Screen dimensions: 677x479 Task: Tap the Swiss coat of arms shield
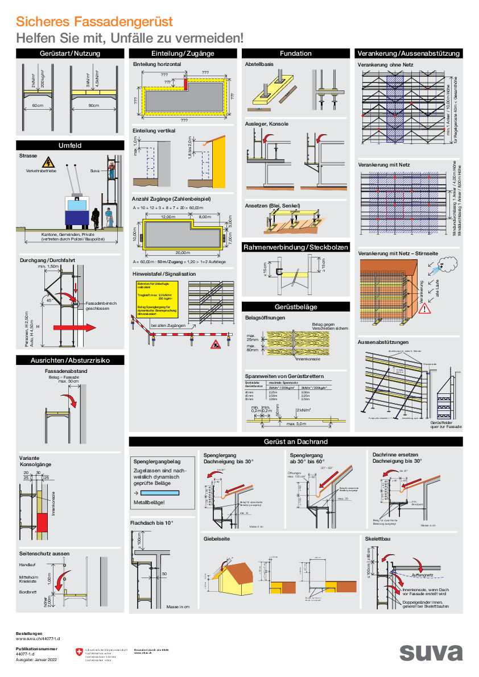[79, 653]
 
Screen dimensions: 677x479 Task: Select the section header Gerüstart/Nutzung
[70, 53]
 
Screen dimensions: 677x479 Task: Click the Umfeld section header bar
[70, 146]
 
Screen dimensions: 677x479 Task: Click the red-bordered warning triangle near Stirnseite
[426, 309]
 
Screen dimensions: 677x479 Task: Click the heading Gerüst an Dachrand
[295, 442]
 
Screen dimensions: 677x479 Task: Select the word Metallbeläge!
[149, 502]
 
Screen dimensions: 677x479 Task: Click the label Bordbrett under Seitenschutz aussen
[27, 592]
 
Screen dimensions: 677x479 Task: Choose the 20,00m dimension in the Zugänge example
[183, 252]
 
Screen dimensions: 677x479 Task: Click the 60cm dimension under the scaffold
[38, 106]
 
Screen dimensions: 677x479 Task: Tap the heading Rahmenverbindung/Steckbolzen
[295, 248]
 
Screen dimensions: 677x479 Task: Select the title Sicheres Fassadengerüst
[94, 22]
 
